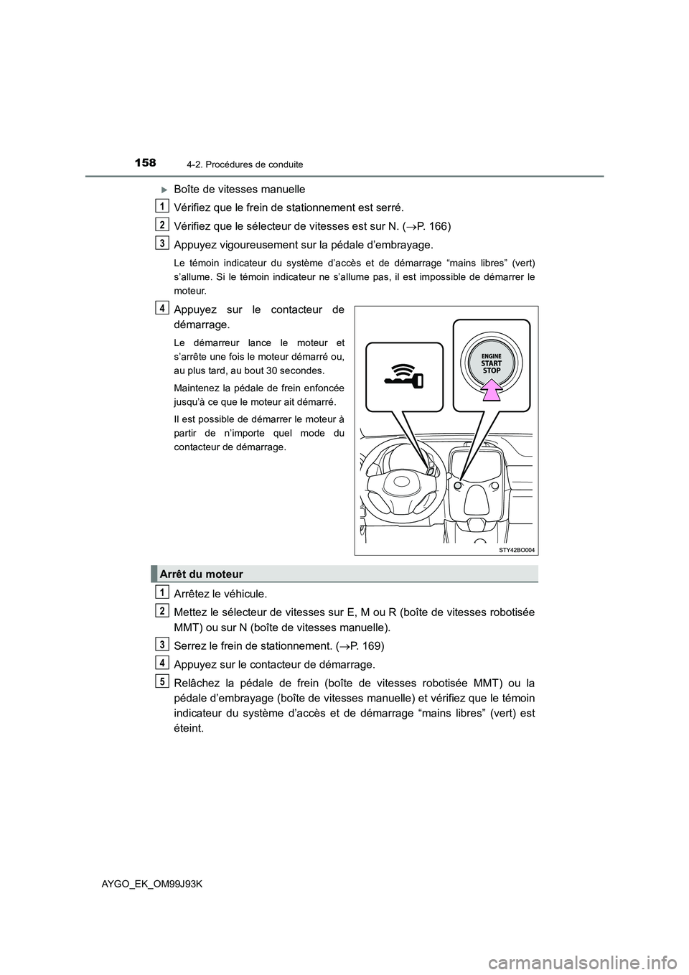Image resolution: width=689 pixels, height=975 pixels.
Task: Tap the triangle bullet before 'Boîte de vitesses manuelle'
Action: pos(164,190)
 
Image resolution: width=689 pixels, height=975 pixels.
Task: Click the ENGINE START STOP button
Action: pos(491,364)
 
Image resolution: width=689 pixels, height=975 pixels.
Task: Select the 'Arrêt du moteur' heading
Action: pos(202,574)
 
